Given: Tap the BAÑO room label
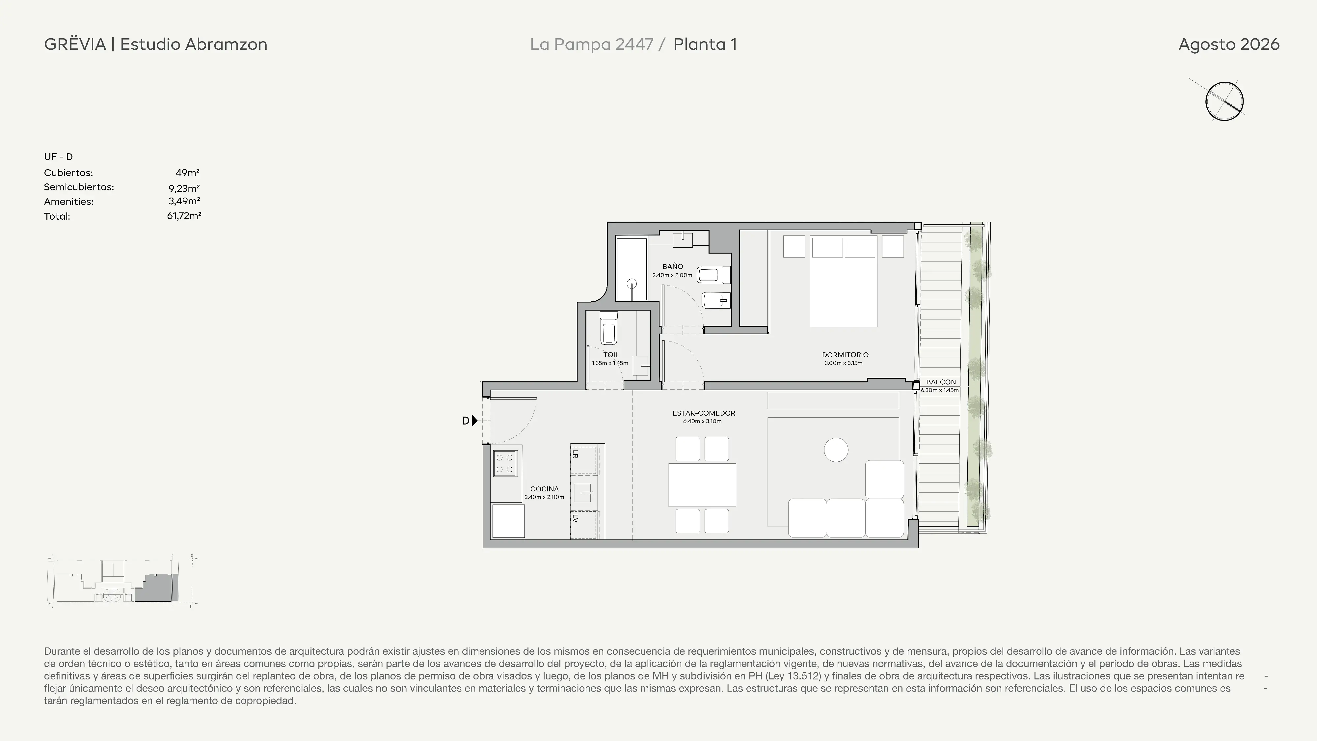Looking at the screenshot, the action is click(x=672, y=266).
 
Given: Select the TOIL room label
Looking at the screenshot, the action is click(x=611, y=354).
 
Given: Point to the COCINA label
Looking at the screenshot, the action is click(x=545, y=489).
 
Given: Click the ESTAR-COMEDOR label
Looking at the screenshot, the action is click(x=704, y=413).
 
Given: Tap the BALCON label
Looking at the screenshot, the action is click(x=941, y=382).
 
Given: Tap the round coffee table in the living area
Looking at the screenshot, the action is click(x=836, y=450).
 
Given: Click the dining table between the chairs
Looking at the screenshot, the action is click(x=702, y=485).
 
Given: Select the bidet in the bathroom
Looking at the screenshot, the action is click(x=716, y=300).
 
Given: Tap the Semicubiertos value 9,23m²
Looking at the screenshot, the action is click(x=184, y=188).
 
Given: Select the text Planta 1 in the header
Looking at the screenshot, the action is click(x=705, y=44).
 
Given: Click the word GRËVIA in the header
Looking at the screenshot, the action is click(x=75, y=44).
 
